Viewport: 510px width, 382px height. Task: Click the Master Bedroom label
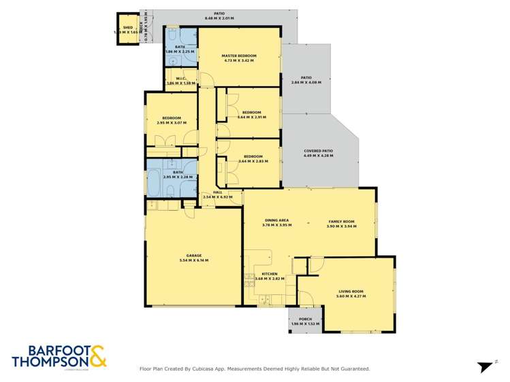click(238, 55)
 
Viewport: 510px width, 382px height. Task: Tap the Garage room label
click(193, 256)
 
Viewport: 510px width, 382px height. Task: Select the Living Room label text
click(352, 292)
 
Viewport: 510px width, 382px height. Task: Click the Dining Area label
click(276, 220)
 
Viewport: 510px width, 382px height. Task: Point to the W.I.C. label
click(180, 78)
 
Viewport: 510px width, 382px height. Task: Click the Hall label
click(218, 192)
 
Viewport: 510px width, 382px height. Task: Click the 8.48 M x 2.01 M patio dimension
click(219, 18)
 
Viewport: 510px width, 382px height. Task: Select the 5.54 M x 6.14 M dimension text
click(193, 260)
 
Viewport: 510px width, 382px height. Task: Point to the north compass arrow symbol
click(485, 366)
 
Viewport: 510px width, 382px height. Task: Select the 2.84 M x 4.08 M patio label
click(306, 82)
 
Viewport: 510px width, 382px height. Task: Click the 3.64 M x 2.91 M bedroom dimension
click(252, 117)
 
